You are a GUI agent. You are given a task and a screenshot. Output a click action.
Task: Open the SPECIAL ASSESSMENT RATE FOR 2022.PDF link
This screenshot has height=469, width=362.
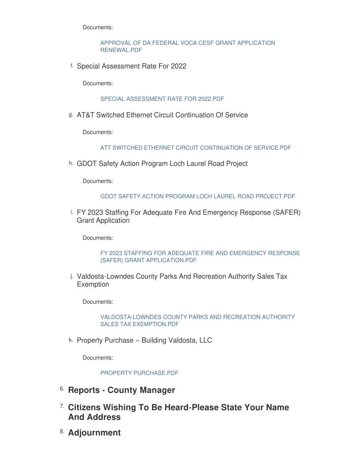click(x=162, y=99)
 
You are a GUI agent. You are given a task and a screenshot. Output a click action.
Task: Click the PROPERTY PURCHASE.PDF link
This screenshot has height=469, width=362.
click(x=139, y=373)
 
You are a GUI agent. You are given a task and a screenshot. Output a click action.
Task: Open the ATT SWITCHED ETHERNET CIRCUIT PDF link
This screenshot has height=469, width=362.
click(x=195, y=148)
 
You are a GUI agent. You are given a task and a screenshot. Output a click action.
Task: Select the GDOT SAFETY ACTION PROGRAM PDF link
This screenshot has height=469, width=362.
click(x=198, y=196)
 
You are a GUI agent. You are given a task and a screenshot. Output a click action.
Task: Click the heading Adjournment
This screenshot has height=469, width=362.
click(x=94, y=433)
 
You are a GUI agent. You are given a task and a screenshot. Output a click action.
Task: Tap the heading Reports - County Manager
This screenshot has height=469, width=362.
click(x=122, y=390)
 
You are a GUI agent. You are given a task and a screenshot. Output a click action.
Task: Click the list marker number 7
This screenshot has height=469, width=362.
click(x=62, y=407)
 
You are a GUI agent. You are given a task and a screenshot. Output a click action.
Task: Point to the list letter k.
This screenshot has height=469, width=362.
click(x=71, y=340)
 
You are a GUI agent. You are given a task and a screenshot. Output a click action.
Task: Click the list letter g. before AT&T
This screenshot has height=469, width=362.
click(x=71, y=115)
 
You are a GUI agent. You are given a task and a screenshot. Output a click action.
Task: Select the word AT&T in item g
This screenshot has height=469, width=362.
click(x=85, y=115)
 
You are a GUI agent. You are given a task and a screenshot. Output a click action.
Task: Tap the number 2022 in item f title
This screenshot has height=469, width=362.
click(x=178, y=66)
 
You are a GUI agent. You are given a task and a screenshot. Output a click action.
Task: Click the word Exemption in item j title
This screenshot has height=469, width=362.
click(x=93, y=284)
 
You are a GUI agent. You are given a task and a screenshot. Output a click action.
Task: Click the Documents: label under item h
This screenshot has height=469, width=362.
click(x=98, y=181)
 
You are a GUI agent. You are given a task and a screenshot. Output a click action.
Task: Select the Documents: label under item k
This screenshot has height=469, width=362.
click(x=98, y=358)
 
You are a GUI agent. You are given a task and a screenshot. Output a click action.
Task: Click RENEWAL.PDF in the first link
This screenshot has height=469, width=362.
click(x=121, y=50)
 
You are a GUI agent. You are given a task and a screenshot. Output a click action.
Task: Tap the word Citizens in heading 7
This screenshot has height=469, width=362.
click(x=84, y=407)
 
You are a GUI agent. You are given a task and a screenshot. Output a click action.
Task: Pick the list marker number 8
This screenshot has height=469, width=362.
click(x=62, y=432)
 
